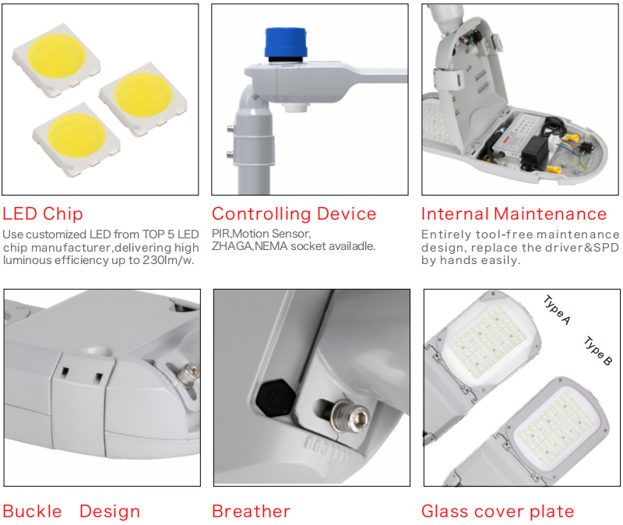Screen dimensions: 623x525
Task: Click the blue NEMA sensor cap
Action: point(286,44)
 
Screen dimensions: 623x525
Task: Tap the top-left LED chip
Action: point(56,60)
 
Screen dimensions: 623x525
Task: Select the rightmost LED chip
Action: point(143,99)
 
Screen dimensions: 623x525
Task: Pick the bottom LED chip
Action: point(76,139)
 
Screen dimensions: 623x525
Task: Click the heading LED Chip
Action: point(43,213)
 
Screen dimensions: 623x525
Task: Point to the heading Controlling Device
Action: point(294,213)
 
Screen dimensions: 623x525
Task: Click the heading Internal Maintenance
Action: point(514,213)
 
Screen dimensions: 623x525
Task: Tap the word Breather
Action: point(251,511)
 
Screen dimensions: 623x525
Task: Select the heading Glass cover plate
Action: point(498,512)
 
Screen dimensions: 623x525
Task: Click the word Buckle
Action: point(32,511)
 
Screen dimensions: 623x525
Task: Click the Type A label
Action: point(557,310)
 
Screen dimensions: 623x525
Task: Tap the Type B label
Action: point(598,351)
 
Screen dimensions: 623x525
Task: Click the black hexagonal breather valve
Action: point(276,398)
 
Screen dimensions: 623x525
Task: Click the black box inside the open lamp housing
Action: point(535,151)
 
